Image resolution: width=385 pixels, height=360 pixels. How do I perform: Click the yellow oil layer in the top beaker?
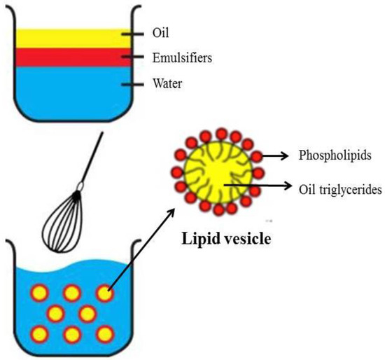[x=63, y=38]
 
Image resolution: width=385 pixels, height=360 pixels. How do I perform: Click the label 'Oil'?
[x=160, y=32]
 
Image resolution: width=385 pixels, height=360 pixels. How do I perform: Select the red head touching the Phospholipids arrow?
[x=258, y=155]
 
